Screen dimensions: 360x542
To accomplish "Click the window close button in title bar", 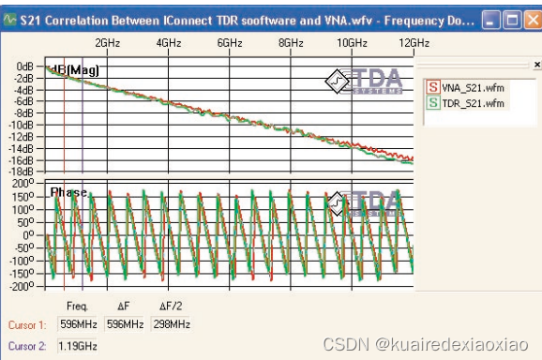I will (x=531, y=18).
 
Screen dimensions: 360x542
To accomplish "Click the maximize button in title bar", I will (x=511, y=18).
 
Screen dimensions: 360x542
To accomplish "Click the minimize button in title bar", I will (x=492, y=18).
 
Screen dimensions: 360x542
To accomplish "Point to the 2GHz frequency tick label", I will (x=108, y=43).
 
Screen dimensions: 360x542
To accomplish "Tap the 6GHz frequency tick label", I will (x=230, y=43).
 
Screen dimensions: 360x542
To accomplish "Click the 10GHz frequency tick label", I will (x=352, y=43).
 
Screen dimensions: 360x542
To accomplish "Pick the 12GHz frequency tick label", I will (x=413, y=43).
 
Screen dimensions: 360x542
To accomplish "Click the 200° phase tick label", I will (x=23, y=184).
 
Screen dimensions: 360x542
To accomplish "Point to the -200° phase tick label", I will (x=22, y=286).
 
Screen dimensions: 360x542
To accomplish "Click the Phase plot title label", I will (x=68, y=192).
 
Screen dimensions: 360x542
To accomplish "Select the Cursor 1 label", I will (x=26, y=324).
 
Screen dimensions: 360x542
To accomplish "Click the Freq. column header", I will (x=77, y=306).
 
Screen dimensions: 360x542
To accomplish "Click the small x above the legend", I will (x=536, y=65).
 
